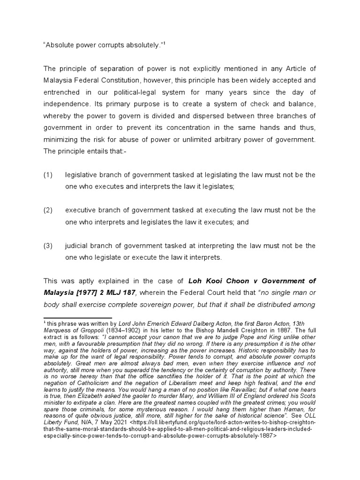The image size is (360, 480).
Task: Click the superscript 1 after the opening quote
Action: (x=165, y=45)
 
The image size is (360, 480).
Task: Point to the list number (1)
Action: (x=48, y=175)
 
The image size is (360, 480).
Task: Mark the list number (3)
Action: (x=48, y=246)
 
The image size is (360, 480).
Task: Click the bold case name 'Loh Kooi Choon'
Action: (x=216, y=281)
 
